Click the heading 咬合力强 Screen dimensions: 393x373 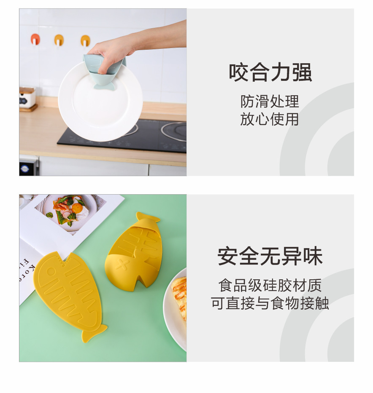(270, 72)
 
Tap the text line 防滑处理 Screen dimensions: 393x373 (270, 102)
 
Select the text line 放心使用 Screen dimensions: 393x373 (270, 119)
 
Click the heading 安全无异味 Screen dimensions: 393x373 (270, 257)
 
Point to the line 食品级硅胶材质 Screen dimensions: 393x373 (270, 286)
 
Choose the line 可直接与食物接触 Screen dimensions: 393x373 (270, 303)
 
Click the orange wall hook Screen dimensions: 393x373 (35, 40)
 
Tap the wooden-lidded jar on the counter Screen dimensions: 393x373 (27, 98)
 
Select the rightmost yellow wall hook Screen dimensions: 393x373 (85, 40)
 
